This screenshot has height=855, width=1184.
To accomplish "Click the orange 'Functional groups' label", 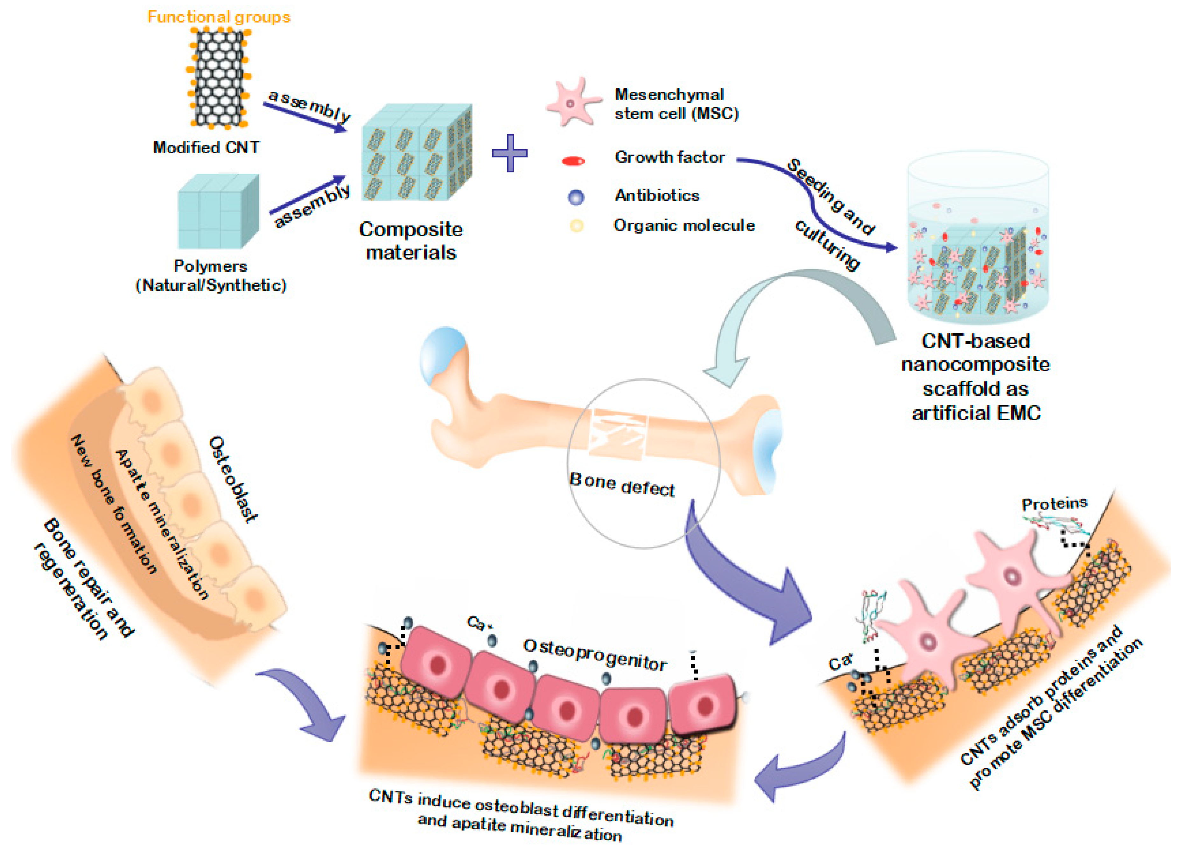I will click(219, 17).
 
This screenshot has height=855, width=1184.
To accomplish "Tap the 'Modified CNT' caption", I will click(206, 148).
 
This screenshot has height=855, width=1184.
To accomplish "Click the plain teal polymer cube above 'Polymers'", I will click(218, 212).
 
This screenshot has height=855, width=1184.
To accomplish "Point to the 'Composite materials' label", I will click(411, 241).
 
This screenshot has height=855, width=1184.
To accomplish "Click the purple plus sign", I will click(509, 153).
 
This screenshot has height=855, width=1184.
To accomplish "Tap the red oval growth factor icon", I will click(573, 161).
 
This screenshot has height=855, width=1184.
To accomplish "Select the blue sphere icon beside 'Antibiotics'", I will click(576, 197).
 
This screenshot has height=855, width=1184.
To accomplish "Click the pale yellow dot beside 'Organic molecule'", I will click(576, 226).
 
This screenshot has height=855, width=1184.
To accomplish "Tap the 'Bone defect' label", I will click(621, 484).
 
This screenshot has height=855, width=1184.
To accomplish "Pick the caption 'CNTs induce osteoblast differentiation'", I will click(521, 808).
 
